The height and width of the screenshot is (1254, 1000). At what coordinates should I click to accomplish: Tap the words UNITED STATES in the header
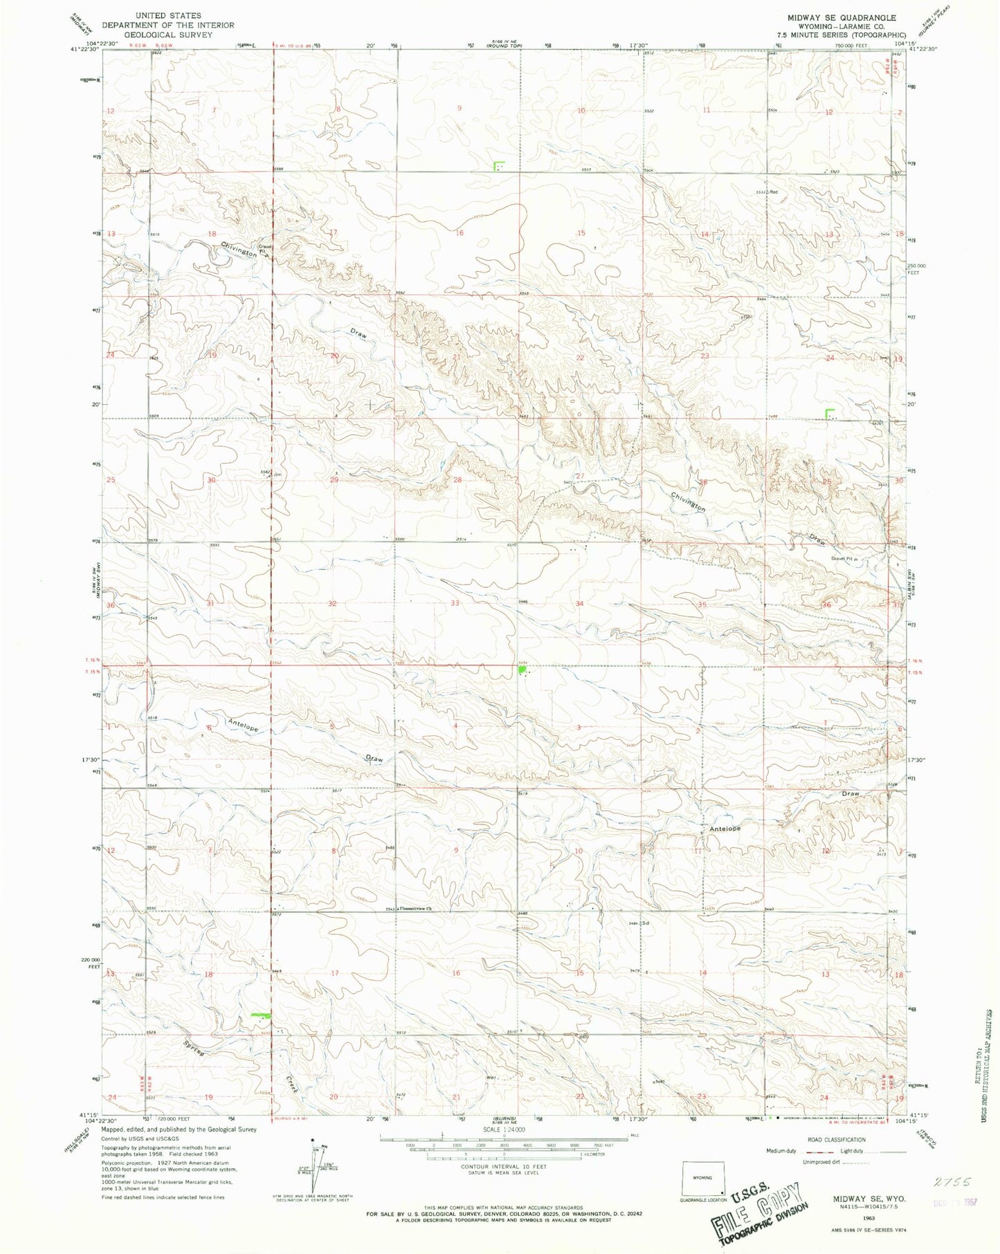point(168,15)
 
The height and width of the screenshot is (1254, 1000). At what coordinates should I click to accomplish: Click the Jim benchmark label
point(278,474)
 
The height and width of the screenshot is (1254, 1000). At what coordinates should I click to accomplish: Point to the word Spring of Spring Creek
point(196,1048)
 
